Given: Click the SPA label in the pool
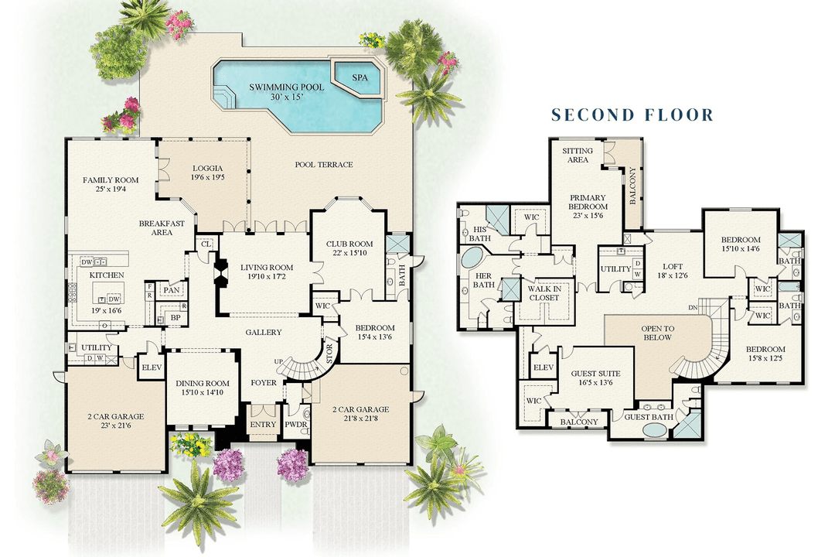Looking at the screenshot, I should (x=360, y=78).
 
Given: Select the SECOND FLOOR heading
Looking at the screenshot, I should (x=632, y=115).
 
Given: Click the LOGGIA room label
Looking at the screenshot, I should (x=207, y=172).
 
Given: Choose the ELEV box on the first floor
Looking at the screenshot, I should (x=151, y=367).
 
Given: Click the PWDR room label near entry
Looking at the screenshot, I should (x=295, y=425).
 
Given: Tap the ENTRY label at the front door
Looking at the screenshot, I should (x=263, y=425).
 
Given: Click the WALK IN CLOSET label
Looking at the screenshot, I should (x=544, y=292).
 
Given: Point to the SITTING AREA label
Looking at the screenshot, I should (x=577, y=155).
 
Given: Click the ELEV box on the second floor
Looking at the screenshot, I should (x=543, y=367).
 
